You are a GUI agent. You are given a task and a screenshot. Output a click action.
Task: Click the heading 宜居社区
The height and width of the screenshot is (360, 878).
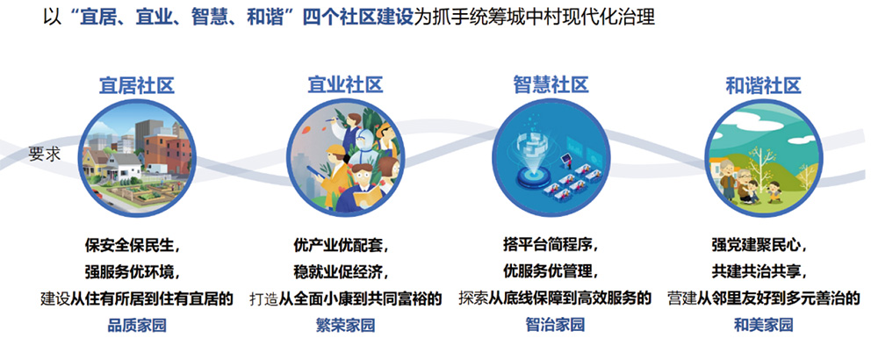(x=137, y=86)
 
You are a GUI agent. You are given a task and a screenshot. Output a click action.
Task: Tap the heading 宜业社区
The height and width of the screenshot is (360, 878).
(x=345, y=86)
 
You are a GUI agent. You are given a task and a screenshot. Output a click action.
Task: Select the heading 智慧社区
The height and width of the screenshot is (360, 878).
(x=551, y=86)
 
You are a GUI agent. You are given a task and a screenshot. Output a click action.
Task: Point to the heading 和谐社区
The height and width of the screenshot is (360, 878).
(x=763, y=86)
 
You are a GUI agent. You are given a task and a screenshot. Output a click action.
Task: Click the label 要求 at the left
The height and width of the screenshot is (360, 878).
(x=45, y=155)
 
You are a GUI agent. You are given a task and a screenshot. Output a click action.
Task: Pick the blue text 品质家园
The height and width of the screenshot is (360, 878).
(x=137, y=325)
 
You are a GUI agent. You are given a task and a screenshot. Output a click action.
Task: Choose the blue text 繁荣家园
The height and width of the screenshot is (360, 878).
(x=345, y=325)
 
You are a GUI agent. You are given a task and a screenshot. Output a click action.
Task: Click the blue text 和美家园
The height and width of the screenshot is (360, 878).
(x=763, y=325)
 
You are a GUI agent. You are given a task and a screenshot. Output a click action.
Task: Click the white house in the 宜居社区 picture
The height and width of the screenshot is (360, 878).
(x=125, y=166)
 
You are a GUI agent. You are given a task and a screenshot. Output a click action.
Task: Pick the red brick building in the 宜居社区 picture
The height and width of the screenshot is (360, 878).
(x=167, y=151)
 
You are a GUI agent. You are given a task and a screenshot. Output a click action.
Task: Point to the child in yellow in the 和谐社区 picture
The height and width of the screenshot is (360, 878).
(x=775, y=191)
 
